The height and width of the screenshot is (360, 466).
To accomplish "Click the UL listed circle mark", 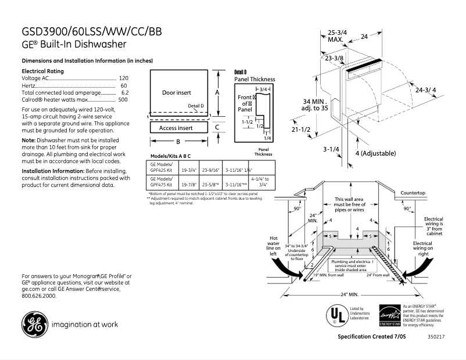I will (x=335, y=314).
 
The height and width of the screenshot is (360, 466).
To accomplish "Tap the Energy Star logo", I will (x=389, y=314).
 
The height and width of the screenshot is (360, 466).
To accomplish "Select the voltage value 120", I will (x=123, y=78).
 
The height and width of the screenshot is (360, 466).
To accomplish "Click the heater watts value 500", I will (x=123, y=100).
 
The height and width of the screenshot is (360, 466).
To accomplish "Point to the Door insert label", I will (x=177, y=93).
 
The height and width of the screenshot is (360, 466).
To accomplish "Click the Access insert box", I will (x=176, y=128).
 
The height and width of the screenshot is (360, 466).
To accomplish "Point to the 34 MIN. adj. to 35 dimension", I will (x=316, y=104).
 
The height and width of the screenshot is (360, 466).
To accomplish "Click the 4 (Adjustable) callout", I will (x=375, y=154).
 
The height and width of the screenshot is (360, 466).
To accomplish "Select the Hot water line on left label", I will (x=274, y=246).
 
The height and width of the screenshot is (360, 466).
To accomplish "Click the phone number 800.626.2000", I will (x=39, y=296).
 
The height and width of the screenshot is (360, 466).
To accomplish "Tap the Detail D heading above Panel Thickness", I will (x=240, y=71).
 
